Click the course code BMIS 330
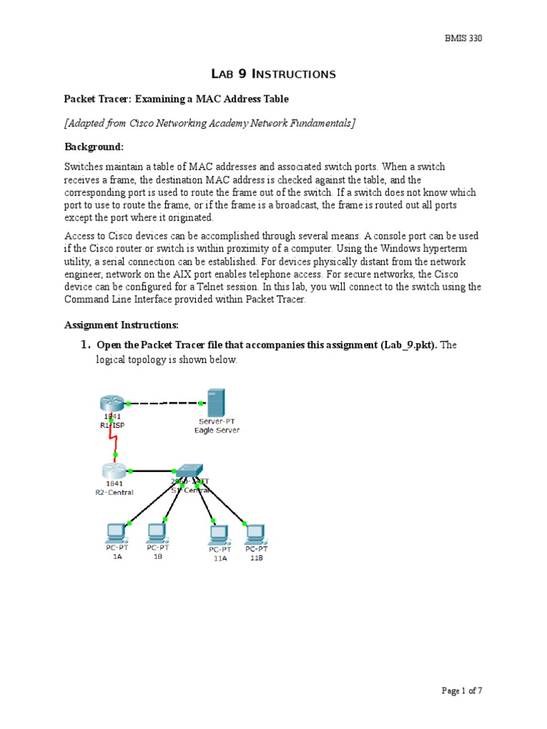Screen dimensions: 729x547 [x=462, y=38]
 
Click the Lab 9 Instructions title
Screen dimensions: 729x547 [x=273, y=73]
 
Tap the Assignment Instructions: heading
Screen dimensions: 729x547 [x=121, y=325]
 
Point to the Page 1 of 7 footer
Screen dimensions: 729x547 [x=462, y=690]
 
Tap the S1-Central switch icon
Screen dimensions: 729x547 [x=189, y=471]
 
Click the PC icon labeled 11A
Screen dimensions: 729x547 [x=218, y=534]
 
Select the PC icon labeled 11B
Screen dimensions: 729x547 [x=255, y=534]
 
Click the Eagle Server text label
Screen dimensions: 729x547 [x=217, y=430]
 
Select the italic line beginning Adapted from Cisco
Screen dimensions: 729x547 [x=209, y=123]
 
